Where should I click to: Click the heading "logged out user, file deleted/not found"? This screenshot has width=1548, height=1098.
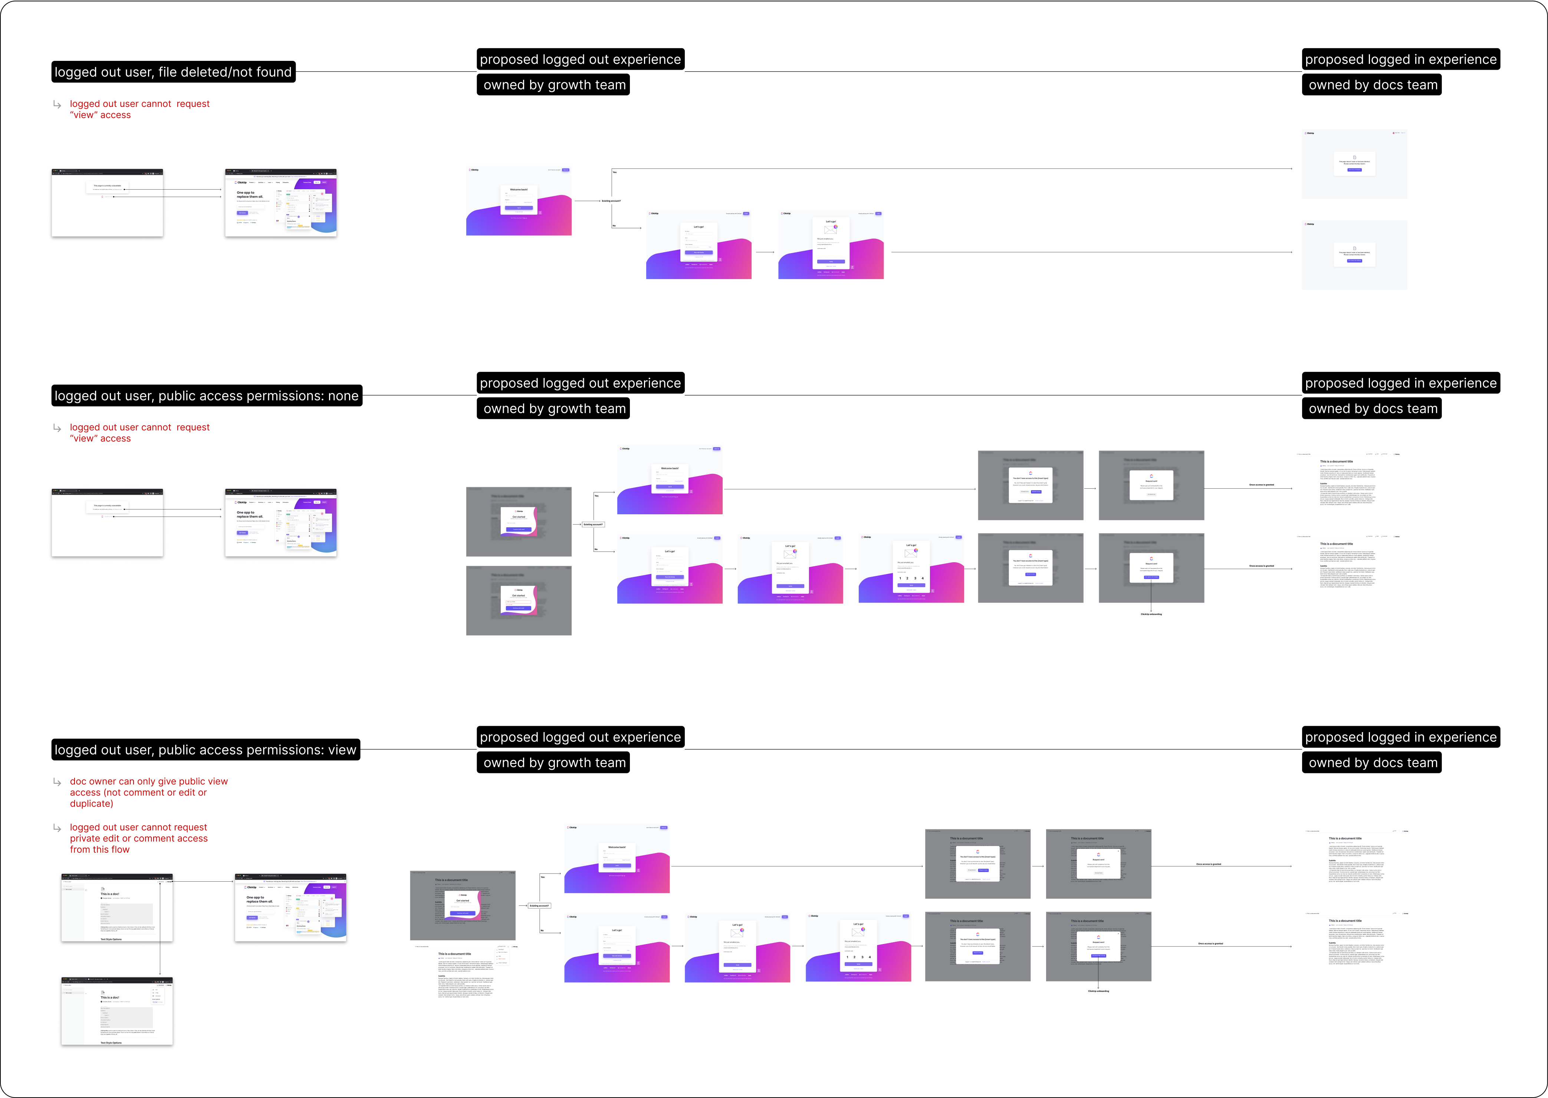173,72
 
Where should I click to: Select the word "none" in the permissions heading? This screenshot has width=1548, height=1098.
343,396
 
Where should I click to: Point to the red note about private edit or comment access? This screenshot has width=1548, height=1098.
139,838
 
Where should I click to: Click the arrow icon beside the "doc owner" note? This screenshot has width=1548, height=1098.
57,782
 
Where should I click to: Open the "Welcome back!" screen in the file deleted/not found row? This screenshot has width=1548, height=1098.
519,201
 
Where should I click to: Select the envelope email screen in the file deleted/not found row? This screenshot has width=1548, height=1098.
831,244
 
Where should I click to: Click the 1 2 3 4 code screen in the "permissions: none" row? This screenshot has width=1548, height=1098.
911,568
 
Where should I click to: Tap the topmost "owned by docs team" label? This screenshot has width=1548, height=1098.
1373,85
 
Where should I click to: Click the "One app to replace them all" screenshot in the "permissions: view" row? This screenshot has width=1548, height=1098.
291,907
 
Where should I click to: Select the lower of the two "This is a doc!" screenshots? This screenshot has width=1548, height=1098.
117,1011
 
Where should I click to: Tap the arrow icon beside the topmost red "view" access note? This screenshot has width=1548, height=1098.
57,105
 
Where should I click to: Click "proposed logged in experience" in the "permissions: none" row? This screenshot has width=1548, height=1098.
1401,383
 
